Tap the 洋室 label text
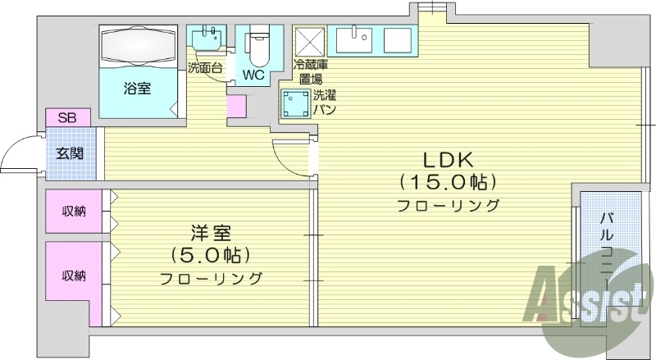pos(211,232)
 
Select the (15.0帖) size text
pos(449,180)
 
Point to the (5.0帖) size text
pos(211,254)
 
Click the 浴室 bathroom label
pos(137,88)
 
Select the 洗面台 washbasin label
pos(205,67)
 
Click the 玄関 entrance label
pos(70,153)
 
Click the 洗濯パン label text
pos(323,103)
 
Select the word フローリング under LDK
pos(449,204)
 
